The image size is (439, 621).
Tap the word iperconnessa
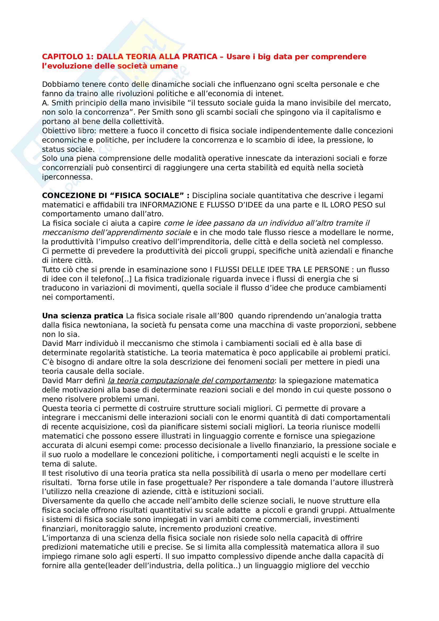(67, 177)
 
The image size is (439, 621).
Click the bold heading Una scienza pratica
(83, 316)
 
